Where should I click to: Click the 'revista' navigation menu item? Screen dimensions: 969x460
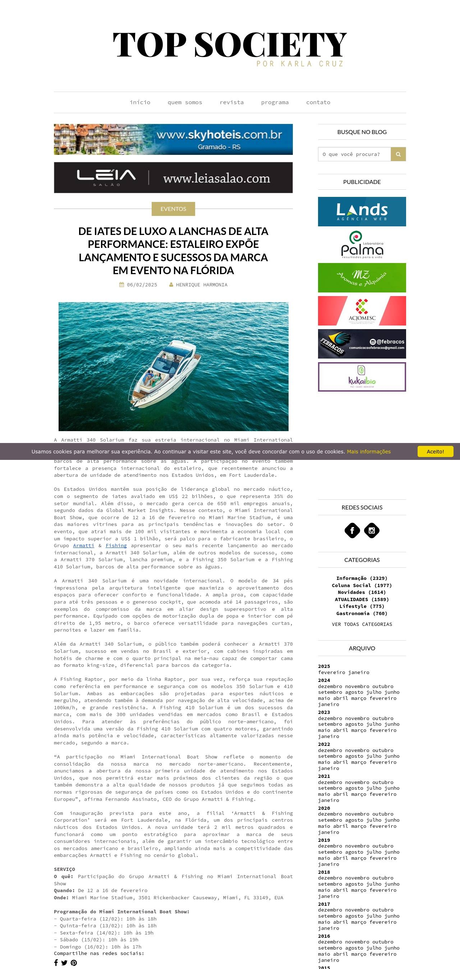pos(231,102)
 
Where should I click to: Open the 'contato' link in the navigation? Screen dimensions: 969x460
pos(318,102)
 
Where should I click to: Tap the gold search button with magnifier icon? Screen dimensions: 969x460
pos(398,154)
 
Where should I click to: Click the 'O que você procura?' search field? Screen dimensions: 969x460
pos(354,154)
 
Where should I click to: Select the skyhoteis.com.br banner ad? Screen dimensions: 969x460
pos(173,139)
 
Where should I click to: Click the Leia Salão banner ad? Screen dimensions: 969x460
pos(173,177)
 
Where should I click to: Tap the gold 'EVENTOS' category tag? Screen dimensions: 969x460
pos(173,209)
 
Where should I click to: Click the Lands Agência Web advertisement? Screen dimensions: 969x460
pos(362,211)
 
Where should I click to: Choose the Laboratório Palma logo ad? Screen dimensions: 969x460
pos(362,245)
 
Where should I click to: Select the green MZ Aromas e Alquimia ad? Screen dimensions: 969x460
pos(362,278)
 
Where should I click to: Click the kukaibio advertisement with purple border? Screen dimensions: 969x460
pos(362,377)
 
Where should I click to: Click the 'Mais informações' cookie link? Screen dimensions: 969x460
pos(368,451)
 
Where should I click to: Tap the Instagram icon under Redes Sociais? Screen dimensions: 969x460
pos(372,530)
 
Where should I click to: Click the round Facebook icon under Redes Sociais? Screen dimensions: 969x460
pos(352,530)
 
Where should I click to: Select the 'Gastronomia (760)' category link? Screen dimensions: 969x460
pos(362,613)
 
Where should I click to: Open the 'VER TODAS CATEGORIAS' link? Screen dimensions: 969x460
pos(362,624)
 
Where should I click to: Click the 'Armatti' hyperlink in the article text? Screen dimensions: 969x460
pos(83,545)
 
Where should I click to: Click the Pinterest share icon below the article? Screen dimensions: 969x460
pos(74,963)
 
